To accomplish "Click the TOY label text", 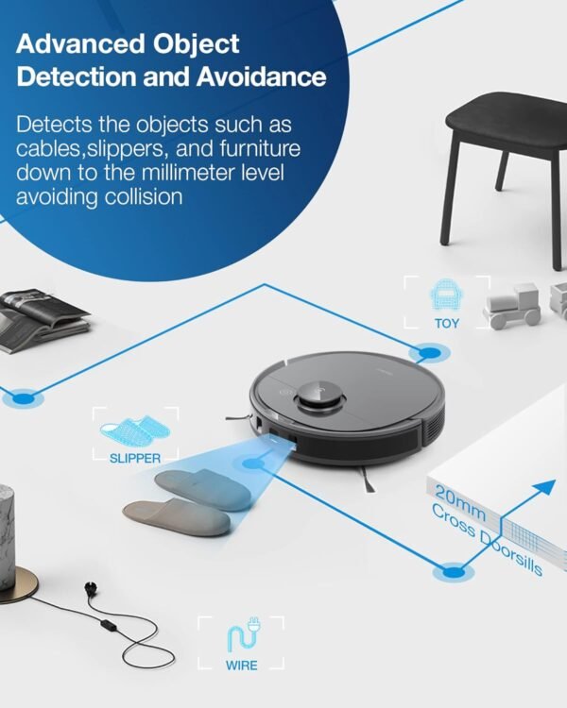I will click(447, 323).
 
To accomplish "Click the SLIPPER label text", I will click(134, 458).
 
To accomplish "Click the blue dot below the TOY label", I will click(430, 354).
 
